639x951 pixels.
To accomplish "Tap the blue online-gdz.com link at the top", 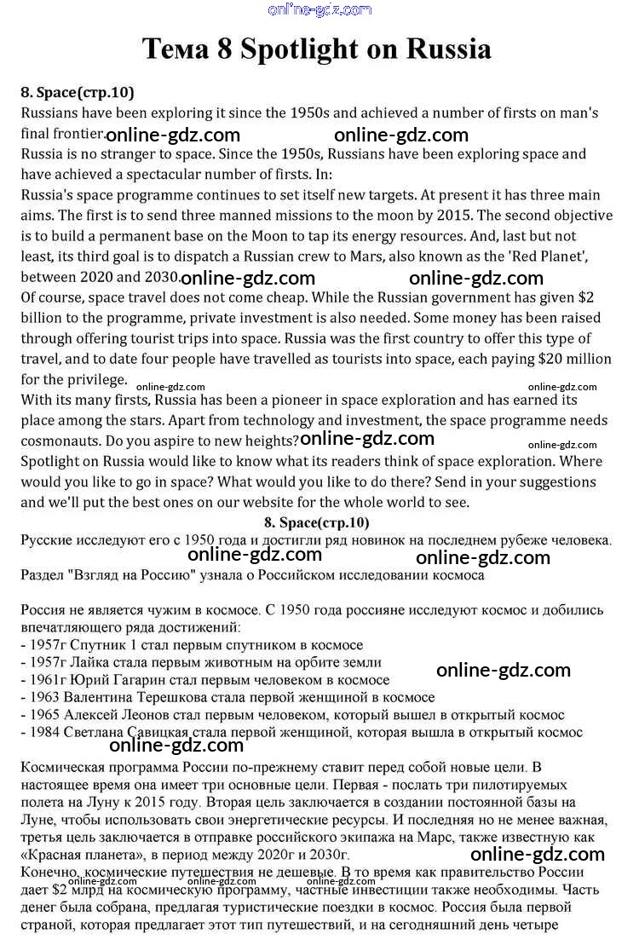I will pyautogui.click(x=319, y=10).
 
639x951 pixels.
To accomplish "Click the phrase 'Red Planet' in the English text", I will pyautogui.click(x=563, y=256).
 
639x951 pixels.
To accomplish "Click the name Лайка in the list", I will pyautogui.click(x=95, y=661).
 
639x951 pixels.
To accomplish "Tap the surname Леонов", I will pyautogui.click(x=151, y=715).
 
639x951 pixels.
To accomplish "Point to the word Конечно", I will pyautogui.click(x=49, y=873).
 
